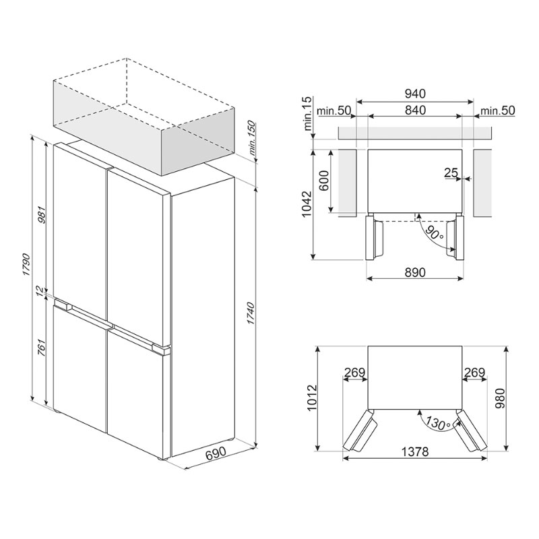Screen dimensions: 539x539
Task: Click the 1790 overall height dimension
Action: click(27, 265)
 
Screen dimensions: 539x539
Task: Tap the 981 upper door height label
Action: click(42, 215)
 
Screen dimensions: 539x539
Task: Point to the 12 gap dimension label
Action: click(40, 290)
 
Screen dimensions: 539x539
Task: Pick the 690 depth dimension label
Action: click(216, 452)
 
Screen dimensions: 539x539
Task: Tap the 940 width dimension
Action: click(415, 94)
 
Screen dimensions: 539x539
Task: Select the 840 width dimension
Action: click(415, 110)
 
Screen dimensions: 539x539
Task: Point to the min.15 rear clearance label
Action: click(308, 113)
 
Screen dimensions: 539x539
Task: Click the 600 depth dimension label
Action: click(325, 181)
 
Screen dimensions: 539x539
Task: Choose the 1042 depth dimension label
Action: click(307, 204)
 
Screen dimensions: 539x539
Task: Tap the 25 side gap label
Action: click(451, 173)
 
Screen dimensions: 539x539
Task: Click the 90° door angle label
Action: click(433, 232)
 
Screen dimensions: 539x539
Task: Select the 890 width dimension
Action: click(415, 272)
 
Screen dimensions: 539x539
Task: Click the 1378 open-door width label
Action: click(415, 451)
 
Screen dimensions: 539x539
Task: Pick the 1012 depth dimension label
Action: click(312, 398)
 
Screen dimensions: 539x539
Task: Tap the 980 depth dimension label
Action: click(500, 398)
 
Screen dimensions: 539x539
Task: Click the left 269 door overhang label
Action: click(354, 373)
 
